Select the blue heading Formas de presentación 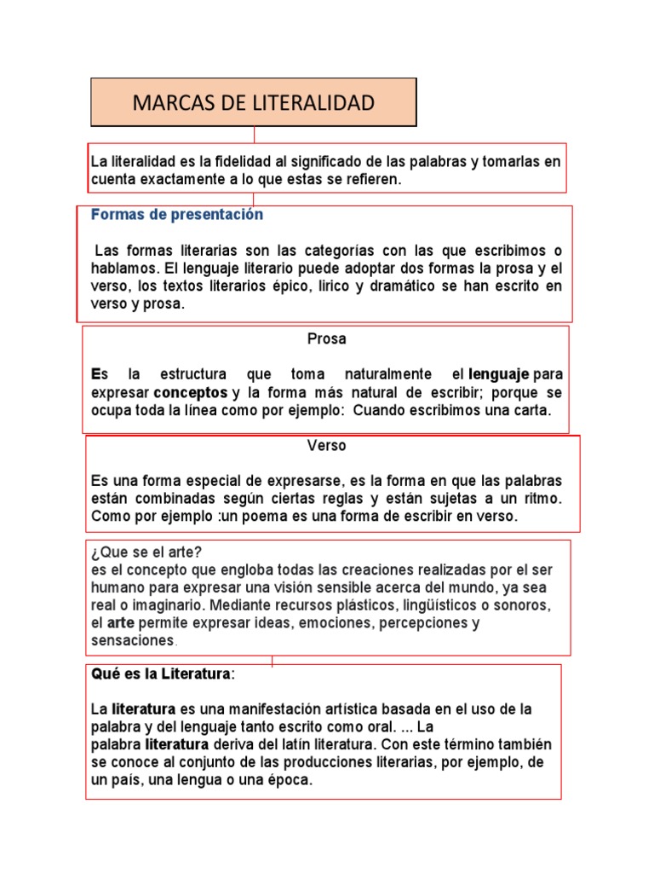pos(177,215)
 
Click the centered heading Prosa pos(326,339)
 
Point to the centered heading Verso pos(326,445)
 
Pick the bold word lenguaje pos(498,374)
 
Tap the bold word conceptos pos(191,392)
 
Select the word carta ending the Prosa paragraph pos(530,410)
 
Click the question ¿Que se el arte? pos(146,551)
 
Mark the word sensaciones pos(132,639)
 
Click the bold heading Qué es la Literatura pos(161,674)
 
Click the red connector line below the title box pos(254,135)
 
